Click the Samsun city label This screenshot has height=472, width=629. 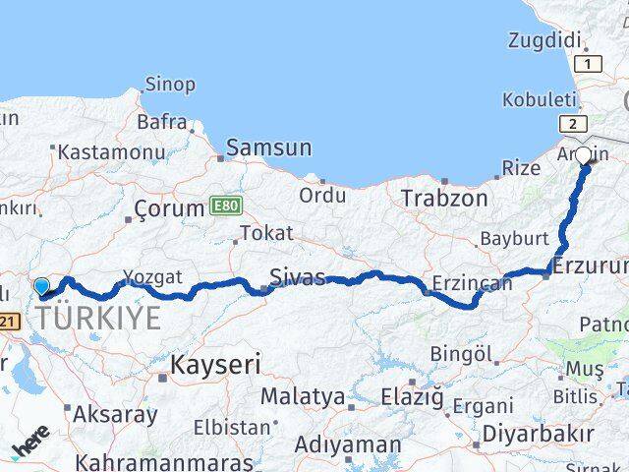(268, 148)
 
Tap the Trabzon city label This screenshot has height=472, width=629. (444, 198)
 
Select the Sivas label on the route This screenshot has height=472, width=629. (297, 277)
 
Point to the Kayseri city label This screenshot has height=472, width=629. (216, 365)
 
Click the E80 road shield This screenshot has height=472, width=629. (225, 206)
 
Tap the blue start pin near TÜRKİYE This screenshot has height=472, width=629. (42, 287)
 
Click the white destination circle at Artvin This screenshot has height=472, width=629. (583, 155)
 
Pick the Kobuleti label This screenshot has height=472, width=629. (539, 99)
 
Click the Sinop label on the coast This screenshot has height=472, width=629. (170, 85)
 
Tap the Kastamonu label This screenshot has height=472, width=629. (111, 152)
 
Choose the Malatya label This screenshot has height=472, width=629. (303, 397)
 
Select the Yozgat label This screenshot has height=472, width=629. (152, 277)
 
